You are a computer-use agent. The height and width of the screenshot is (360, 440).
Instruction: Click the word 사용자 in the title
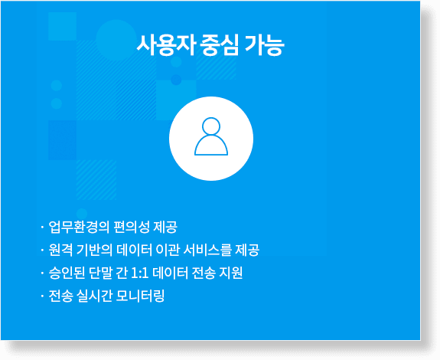point(165,45)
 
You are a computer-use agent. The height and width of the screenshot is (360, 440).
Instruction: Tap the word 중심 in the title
point(220,45)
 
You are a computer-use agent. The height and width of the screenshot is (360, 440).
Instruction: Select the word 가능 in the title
point(264,45)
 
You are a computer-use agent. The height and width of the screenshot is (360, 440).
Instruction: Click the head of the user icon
point(211,126)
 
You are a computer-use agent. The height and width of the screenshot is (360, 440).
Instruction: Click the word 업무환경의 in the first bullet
point(79,227)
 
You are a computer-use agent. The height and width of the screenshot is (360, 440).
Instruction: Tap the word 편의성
point(132,227)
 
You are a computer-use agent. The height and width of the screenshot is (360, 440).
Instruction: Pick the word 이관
point(168,250)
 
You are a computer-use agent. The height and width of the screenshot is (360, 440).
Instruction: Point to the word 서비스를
point(207,250)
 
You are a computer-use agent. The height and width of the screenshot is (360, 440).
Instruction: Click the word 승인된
point(67,273)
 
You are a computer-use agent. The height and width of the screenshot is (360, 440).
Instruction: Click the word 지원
point(230,273)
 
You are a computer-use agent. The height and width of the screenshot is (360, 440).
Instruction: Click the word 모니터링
point(139,296)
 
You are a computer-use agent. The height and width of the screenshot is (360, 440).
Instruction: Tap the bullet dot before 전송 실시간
point(42,296)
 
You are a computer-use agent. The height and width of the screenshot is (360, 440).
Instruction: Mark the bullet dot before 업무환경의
point(42,227)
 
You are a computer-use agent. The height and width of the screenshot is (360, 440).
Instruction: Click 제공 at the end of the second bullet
point(247,250)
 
